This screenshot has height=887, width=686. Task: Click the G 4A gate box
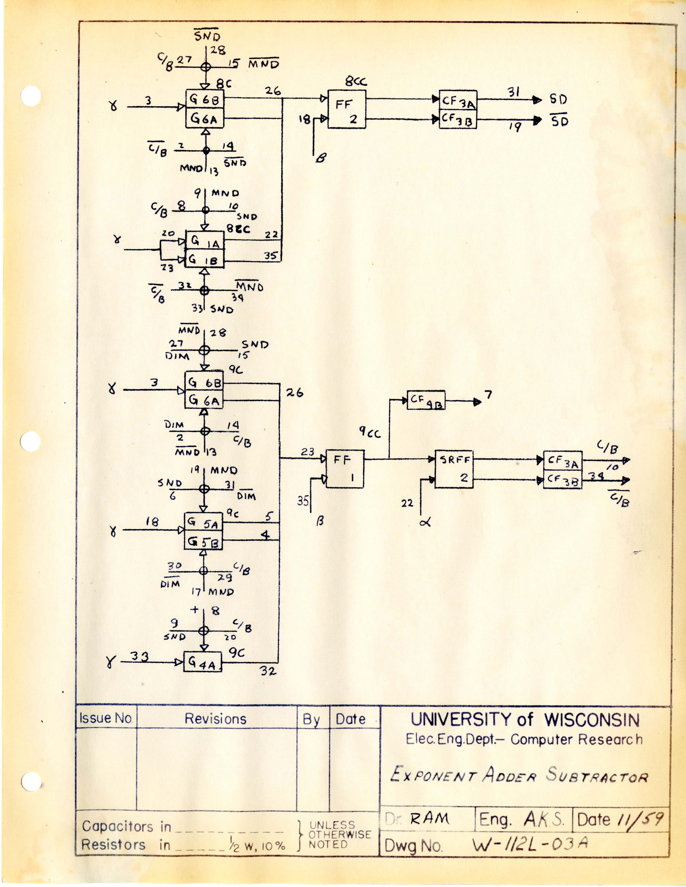tap(202, 662)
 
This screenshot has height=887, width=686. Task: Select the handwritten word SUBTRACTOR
tap(597, 775)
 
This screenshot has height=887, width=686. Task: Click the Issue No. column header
tap(106, 718)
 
